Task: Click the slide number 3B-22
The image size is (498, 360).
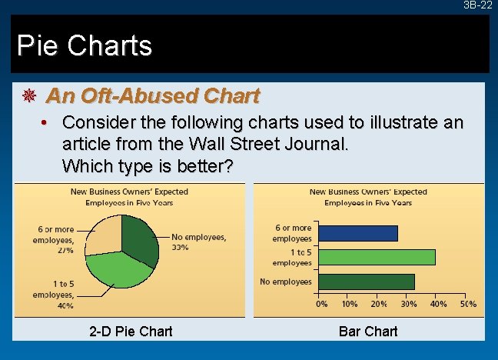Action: [x=477, y=5]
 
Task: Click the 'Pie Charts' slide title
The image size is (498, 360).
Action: [x=85, y=46]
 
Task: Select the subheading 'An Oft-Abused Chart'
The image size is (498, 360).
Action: [x=153, y=96]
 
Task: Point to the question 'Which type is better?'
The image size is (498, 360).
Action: [x=148, y=165]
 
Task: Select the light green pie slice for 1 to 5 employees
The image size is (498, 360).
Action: [x=119, y=269]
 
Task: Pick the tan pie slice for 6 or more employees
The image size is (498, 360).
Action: [x=103, y=234]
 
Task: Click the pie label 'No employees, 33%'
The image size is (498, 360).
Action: [x=198, y=242]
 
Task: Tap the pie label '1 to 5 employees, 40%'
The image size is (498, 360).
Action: [x=53, y=294]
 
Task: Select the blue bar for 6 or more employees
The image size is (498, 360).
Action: [x=357, y=233]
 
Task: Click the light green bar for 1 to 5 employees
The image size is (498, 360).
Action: [x=376, y=257]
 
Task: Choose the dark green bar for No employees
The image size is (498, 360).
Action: [x=366, y=282]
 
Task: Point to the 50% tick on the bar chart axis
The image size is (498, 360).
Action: [x=468, y=304]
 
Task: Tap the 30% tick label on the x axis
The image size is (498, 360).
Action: [x=410, y=304]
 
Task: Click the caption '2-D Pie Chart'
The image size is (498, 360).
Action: [x=131, y=332]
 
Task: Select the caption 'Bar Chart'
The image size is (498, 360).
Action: [x=368, y=332]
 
